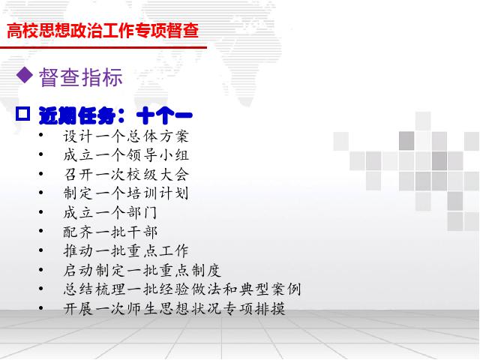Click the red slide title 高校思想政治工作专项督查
point(103,31)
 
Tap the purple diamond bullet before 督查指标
point(25,75)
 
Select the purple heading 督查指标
point(81,76)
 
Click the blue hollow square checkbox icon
point(23,114)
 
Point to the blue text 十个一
point(164,115)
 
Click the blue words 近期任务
point(77,115)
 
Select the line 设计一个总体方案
point(126,136)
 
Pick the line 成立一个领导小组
point(126,155)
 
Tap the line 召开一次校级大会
point(126,175)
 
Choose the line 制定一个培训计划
point(126,193)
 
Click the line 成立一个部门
point(110,213)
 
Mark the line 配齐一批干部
point(110,232)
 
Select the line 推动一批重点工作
point(126,251)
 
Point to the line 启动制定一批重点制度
point(142,270)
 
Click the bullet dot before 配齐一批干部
point(41,231)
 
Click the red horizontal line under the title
point(103,47)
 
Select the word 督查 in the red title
point(183,31)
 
